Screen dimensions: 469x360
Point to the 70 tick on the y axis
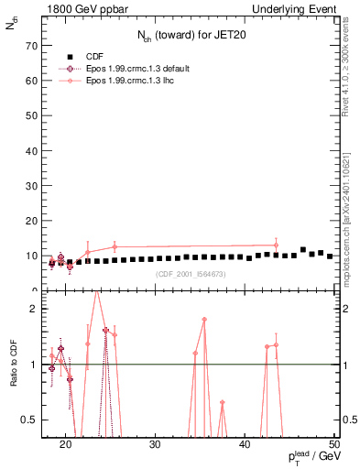pyautogui.click(x=33, y=45)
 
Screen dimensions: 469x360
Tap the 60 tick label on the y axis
pyautogui.click(x=33, y=81)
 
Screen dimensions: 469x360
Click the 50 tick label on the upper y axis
pyautogui.click(x=33, y=115)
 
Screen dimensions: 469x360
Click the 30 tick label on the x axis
pyautogui.click(x=155, y=445)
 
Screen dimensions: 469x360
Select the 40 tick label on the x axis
pyautogui.click(x=245, y=445)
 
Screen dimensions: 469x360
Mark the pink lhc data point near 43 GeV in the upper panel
pyautogui.click(x=276, y=245)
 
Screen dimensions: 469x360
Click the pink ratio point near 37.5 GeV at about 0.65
pyautogui.click(x=222, y=402)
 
